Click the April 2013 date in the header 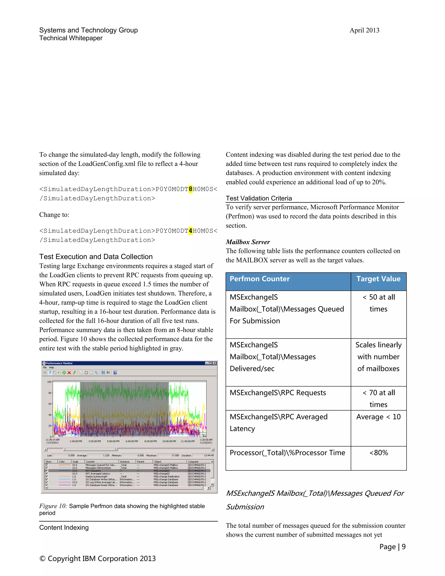click(364, 30)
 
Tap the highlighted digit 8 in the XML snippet click(190, 189)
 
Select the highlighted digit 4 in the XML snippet click(190, 231)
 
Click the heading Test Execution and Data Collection click(96, 257)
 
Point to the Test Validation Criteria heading click(259, 198)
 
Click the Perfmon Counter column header click(259, 279)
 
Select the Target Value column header click(378, 279)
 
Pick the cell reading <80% click(378, 453)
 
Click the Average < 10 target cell click(378, 417)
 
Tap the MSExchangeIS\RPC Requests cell click(278, 393)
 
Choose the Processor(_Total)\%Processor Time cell click(287, 453)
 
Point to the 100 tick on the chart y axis click(49, 382)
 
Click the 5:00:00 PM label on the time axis click(113, 441)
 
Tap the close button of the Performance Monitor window click(215, 363)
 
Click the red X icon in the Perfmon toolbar click(69, 373)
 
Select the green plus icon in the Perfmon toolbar click(64, 373)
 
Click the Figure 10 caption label click(53, 506)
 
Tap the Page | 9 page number click(392, 547)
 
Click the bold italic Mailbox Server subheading click(247, 242)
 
